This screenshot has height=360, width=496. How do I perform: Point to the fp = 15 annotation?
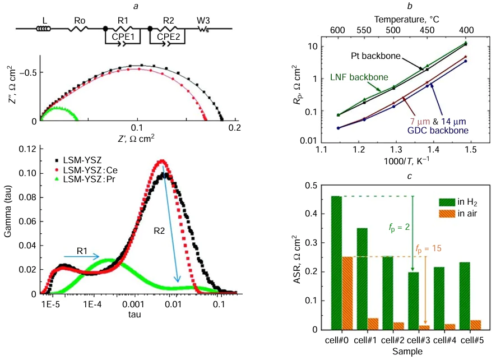point(429,247)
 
